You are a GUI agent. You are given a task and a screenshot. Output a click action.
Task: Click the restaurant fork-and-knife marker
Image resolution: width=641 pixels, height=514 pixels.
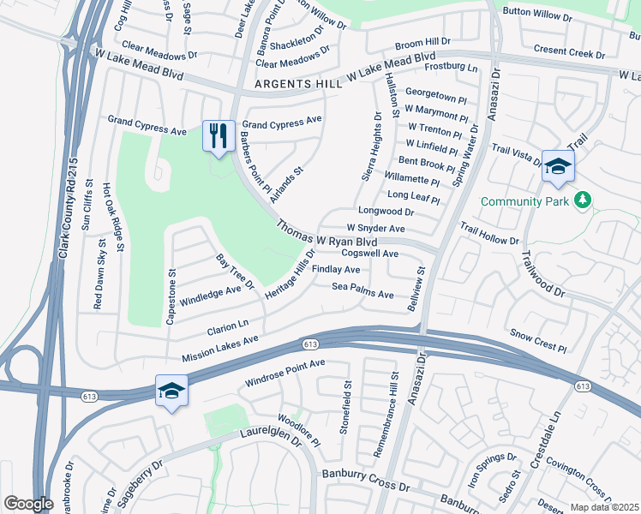218,135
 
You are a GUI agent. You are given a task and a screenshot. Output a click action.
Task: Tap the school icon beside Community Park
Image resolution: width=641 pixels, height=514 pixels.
557,168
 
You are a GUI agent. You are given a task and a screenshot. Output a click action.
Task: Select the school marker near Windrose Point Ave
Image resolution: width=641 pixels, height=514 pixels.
171,391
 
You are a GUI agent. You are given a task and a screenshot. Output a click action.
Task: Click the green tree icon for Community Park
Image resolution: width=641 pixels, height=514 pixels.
584,200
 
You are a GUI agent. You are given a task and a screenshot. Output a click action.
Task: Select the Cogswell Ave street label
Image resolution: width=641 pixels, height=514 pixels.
370,254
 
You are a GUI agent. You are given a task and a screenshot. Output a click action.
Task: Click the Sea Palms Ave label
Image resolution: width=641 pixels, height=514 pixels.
362,290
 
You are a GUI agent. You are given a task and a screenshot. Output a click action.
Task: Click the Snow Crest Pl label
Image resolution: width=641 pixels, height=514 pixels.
538,341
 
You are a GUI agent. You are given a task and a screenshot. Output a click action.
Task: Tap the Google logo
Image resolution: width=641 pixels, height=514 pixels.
28,504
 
